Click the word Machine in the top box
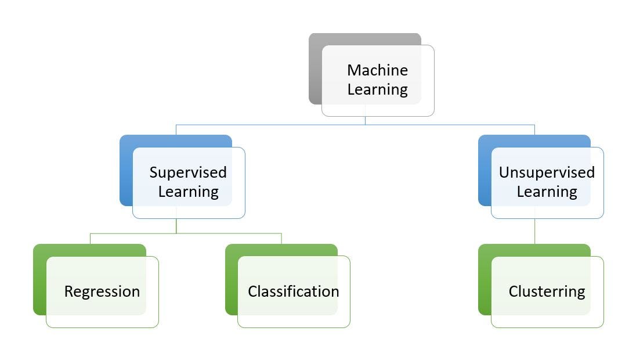point(377,70)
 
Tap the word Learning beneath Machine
point(377,89)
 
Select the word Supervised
point(188,172)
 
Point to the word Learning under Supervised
point(188,192)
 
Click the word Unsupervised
point(547,172)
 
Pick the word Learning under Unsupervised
point(547,192)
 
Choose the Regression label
point(102,291)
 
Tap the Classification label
point(293,291)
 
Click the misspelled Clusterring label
point(547,291)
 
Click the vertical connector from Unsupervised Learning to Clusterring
point(534,231)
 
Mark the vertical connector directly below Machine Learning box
point(365,120)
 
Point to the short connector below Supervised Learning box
point(176,226)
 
